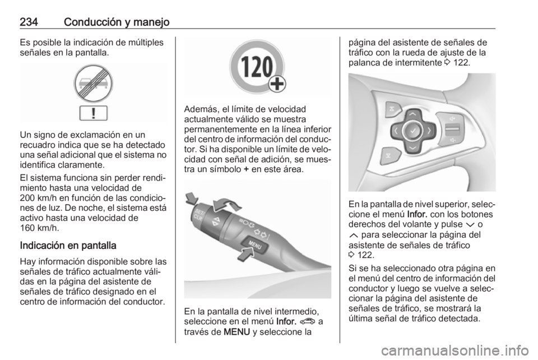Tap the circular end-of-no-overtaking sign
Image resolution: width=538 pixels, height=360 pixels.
coord(93,85)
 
